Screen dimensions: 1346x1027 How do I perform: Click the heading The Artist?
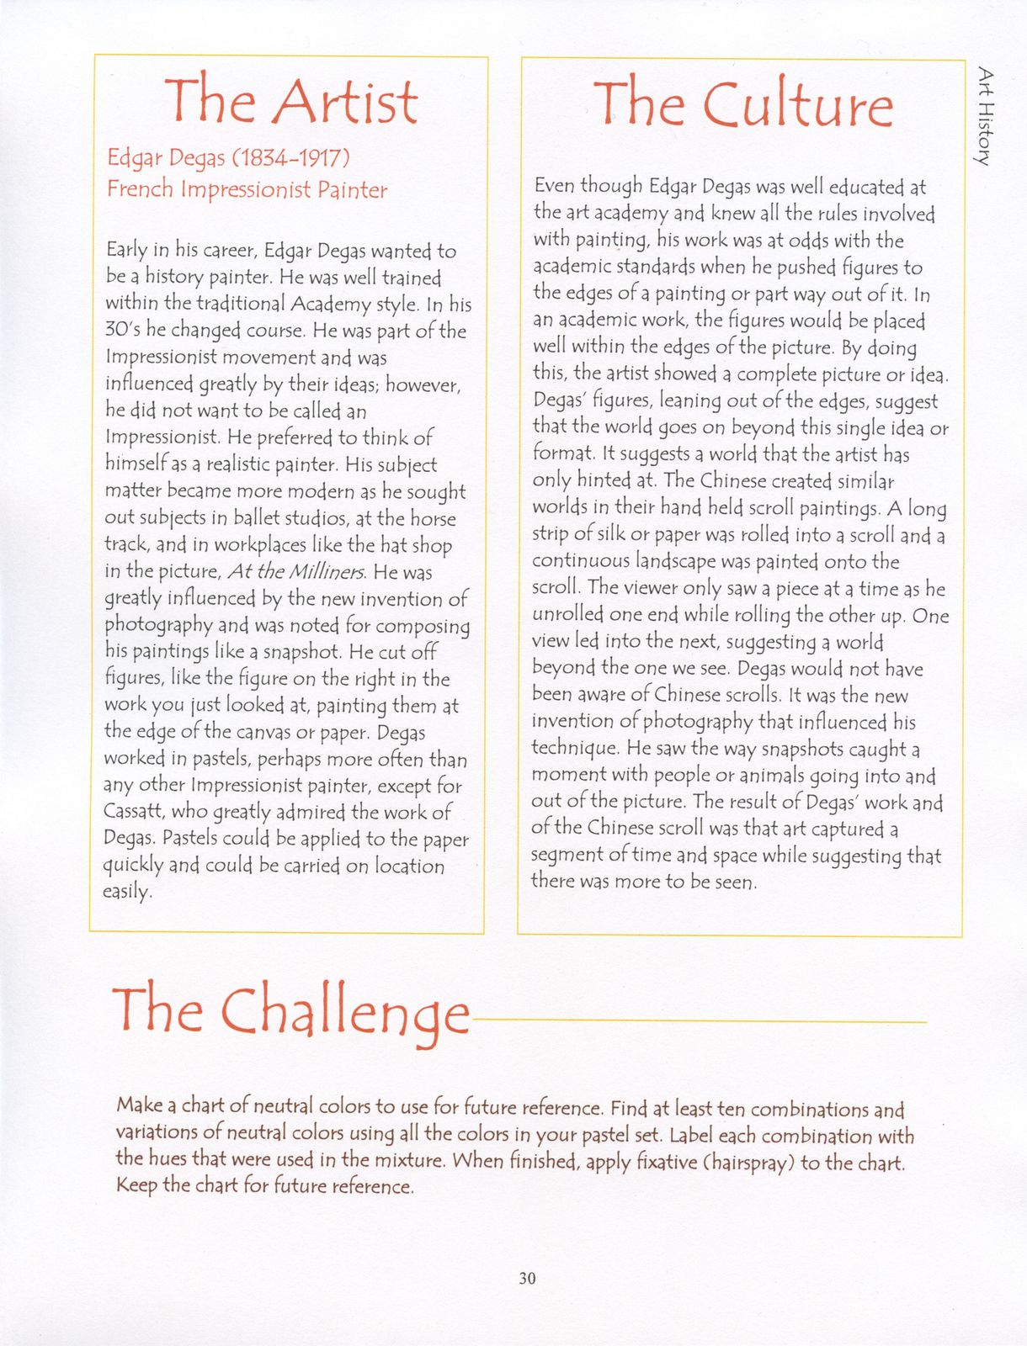click(x=290, y=102)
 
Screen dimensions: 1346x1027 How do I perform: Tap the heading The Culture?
click(x=742, y=104)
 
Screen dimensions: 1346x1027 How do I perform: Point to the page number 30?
click(x=527, y=1278)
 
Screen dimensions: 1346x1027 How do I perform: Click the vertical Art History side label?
click(x=985, y=117)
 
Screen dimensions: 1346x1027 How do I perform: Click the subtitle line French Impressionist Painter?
click(x=247, y=189)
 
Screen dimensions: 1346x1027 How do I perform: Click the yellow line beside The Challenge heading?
click(x=699, y=1021)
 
